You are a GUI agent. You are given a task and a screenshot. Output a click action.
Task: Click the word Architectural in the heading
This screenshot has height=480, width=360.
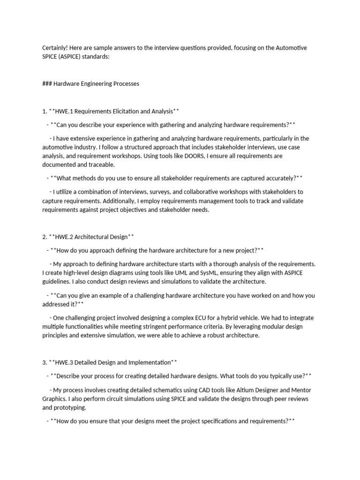91,237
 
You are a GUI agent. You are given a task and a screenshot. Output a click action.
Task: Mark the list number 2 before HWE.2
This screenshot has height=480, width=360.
44,237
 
